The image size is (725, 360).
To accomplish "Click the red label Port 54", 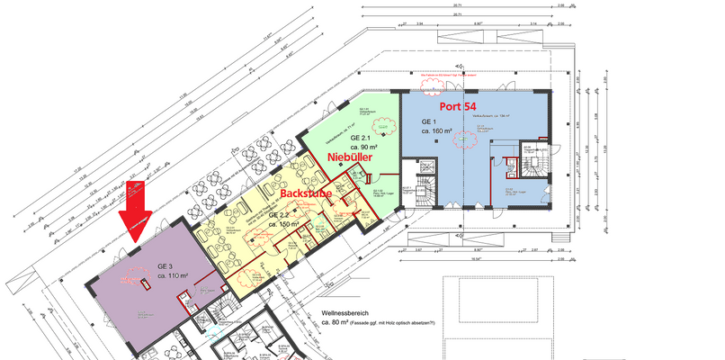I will tap(456, 107).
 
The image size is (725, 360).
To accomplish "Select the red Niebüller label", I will tap(351, 157).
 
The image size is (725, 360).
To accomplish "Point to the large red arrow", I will tap(135, 207).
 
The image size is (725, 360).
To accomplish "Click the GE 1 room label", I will tap(429, 120).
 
